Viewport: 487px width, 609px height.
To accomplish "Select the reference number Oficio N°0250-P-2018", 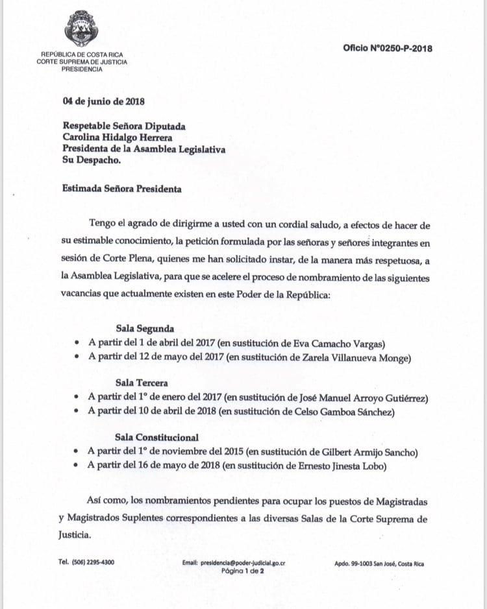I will click(388, 48).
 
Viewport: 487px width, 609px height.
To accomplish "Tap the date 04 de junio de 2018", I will click(103, 101).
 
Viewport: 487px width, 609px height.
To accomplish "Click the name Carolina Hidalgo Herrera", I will click(118, 137).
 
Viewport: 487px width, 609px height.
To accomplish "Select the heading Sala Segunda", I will click(145, 329).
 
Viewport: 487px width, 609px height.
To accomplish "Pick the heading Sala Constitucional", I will click(157, 437).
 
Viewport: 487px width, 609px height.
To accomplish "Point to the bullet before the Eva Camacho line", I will click(78, 343).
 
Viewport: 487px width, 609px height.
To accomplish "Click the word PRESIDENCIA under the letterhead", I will click(82, 69).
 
